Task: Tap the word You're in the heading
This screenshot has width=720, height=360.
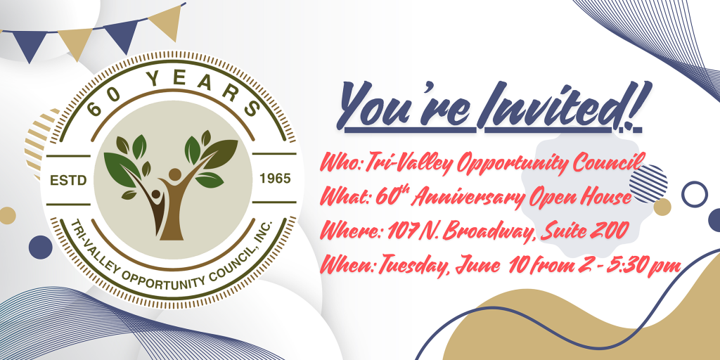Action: point(406,105)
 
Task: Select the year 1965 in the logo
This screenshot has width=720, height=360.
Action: point(275,179)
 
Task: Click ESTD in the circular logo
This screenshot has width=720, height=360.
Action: point(68,181)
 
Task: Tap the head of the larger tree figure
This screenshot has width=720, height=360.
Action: point(175,174)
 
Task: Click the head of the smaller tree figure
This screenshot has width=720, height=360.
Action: point(156,194)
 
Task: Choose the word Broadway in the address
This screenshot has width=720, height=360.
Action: point(482,231)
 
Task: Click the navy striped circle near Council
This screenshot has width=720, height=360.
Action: point(648,184)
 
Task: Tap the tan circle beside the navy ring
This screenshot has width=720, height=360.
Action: point(662,207)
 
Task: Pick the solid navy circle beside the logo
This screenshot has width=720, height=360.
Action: point(40,247)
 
